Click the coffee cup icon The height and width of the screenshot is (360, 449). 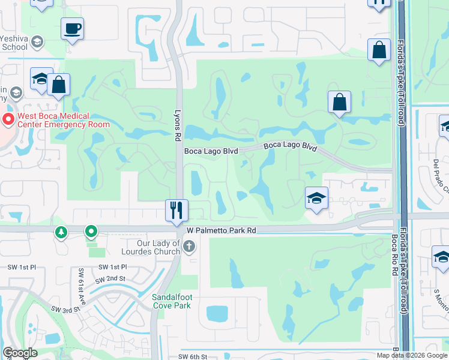72,28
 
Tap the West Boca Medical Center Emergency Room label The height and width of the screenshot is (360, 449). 62,120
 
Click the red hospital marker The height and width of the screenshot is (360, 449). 8,120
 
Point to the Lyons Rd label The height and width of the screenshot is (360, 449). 178,124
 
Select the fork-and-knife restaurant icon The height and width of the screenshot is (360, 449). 176,210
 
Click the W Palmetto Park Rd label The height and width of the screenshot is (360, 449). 221,230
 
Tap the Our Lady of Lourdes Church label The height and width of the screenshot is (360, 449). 151,247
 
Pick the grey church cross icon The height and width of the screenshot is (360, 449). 189,246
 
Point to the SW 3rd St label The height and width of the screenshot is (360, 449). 65,309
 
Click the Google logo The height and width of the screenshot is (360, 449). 20,353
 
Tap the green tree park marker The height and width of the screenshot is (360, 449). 61,232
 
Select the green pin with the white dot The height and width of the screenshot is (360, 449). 91,231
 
